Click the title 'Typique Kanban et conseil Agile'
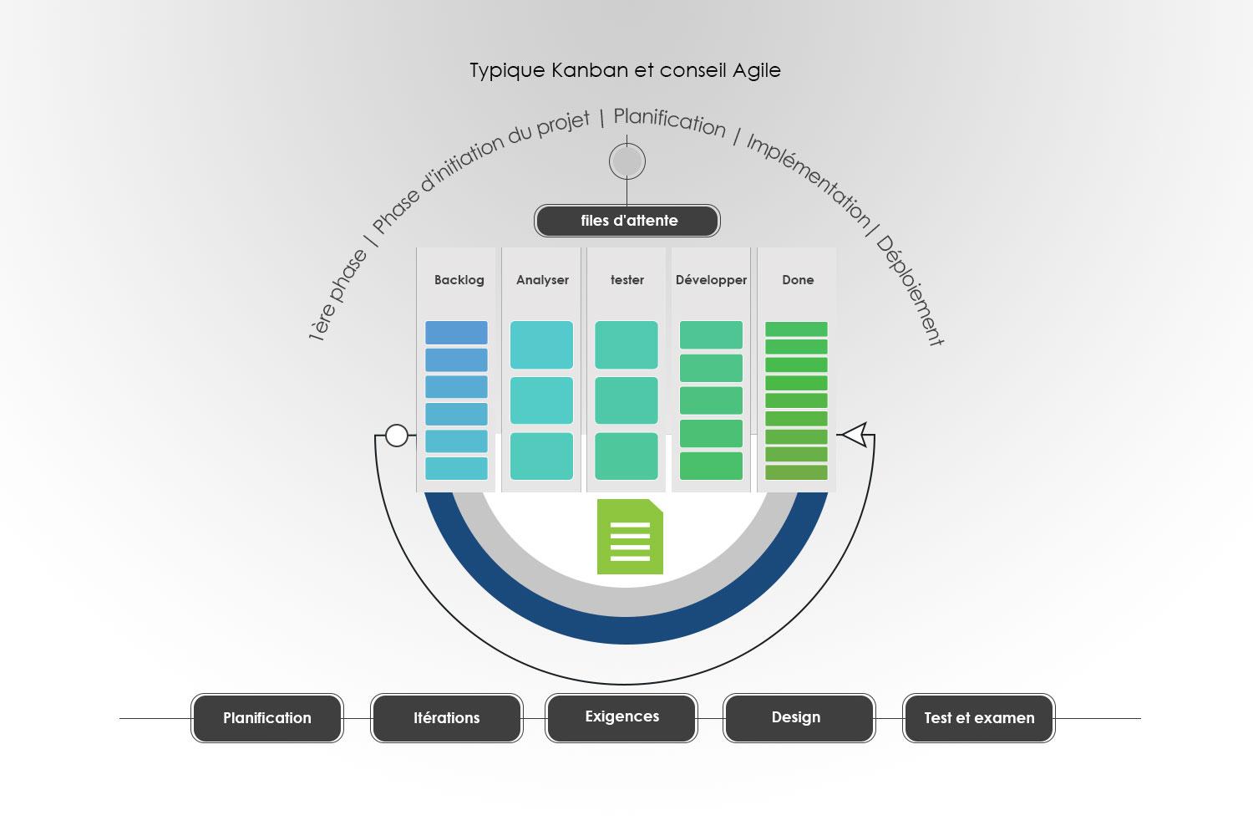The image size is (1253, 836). (625, 70)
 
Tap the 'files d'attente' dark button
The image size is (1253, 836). (627, 221)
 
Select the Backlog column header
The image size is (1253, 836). (459, 280)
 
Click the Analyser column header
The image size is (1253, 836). (542, 280)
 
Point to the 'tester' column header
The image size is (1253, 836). (626, 280)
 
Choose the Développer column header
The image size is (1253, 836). (711, 280)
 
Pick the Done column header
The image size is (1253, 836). (798, 280)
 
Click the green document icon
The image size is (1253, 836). (630, 537)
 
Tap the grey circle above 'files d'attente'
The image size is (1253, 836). (627, 161)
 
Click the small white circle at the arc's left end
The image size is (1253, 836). (397, 436)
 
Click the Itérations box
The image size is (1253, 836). (447, 718)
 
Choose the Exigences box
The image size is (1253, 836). (621, 717)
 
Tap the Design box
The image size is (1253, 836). (796, 717)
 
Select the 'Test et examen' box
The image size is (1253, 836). (979, 718)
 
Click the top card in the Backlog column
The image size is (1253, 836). (456, 333)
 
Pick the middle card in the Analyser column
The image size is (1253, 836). (541, 400)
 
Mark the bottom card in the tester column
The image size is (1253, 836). (626, 456)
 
